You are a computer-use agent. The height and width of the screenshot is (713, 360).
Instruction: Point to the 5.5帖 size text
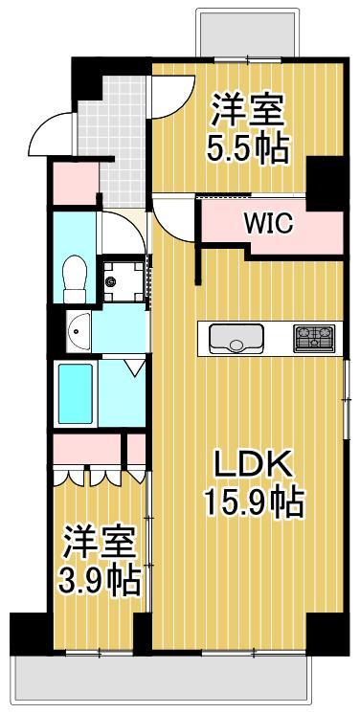249,149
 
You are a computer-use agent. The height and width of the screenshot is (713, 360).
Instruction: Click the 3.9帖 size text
100,577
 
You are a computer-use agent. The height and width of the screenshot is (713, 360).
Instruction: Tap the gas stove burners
314,337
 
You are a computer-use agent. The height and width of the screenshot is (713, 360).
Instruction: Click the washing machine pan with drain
122,280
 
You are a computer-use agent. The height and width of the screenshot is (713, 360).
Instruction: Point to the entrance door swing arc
50,139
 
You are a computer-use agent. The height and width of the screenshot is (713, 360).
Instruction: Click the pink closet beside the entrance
74,182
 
